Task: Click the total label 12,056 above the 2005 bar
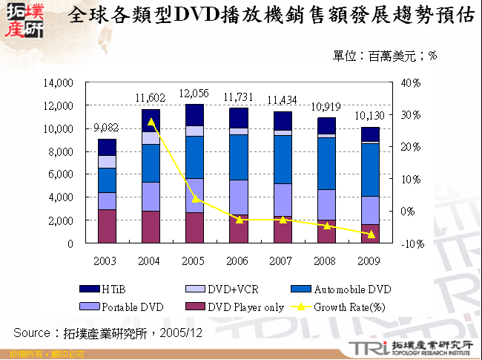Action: pyautogui.click(x=194, y=94)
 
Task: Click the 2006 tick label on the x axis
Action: pyautogui.click(x=237, y=261)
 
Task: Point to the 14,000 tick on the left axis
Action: pyautogui.click(x=59, y=82)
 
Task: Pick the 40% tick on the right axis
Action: pyautogui.click(x=410, y=82)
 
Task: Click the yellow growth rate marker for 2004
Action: pyautogui.click(x=151, y=121)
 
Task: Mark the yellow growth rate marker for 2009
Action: pyautogui.click(x=371, y=235)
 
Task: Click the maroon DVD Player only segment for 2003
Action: pyautogui.click(x=107, y=226)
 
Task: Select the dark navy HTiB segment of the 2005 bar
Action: pyautogui.click(x=194, y=114)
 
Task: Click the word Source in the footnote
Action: pyautogui.click(x=32, y=331)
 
